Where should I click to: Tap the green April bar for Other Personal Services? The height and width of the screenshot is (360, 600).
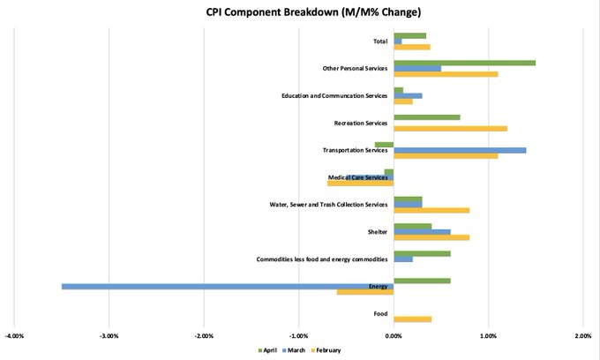[464, 63]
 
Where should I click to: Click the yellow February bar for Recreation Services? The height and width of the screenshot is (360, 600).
[450, 128]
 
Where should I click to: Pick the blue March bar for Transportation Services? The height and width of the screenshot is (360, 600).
[460, 150]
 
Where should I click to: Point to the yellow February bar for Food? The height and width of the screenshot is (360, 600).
[412, 319]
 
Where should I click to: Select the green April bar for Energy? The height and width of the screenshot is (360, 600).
[422, 281]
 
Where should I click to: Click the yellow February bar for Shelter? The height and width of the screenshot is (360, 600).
[431, 237]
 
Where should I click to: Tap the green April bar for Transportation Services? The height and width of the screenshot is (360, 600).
[384, 144]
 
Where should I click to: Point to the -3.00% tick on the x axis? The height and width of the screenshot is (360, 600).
[109, 335]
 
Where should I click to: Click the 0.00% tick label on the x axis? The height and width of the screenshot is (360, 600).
[394, 335]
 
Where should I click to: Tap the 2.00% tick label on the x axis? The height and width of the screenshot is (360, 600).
[582, 335]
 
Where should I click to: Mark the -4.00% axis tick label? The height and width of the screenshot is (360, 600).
[14, 335]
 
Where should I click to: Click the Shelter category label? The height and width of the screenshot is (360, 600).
[378, 232]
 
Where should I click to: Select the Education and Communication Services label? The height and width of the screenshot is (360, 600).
[334, 95]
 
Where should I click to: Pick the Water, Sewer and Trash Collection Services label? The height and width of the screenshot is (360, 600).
[328, 205]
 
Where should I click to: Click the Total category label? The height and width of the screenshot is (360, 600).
[380, 41]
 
